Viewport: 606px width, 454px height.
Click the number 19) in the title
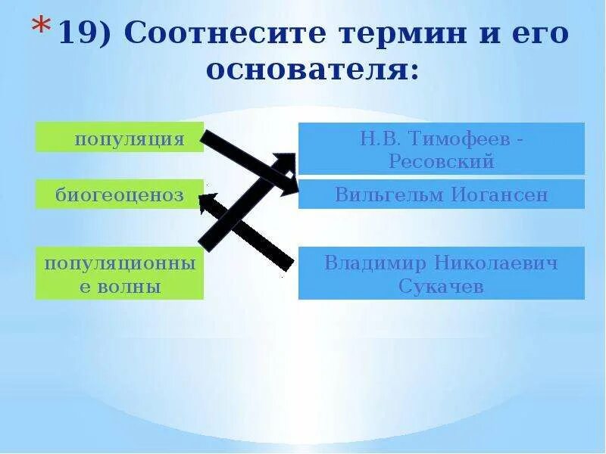pyautogui.click(x=84, y=34)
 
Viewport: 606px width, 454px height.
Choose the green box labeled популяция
pyautogui.click(x=120, y=138)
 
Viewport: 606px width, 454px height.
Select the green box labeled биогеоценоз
pyautogui.click(x=120, y=194)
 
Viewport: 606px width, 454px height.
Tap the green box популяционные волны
pyautogui.click(x=120, y=273)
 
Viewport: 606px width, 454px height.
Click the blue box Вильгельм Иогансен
pyautogui.click(x=441, y=194)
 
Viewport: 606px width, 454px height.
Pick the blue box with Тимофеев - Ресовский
pyautogui.click(x=441, y=149)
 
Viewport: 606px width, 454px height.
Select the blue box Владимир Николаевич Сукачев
pyautogui.click(x=441, y=273)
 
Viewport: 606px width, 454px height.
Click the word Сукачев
pyautogui.click(x=441, y=287)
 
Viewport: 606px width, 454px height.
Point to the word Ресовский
pyautogui.click(x=441, y=161)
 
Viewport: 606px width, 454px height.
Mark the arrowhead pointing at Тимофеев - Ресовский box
pyautogui.click(x=285, y=161)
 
